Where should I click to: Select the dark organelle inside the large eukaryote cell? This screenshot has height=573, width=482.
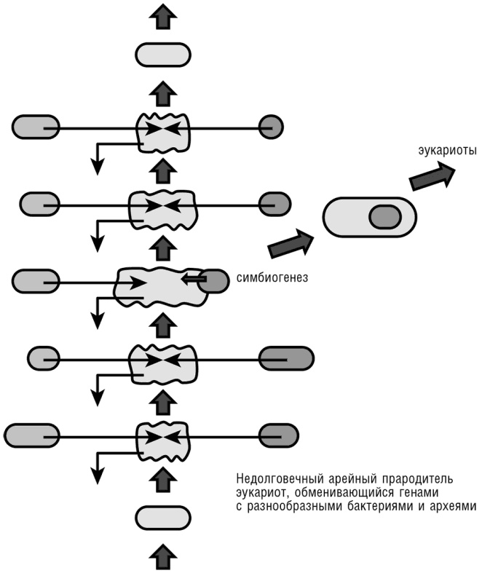(x=384, y=216)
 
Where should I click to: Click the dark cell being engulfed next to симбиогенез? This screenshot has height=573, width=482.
(x=212, y=280)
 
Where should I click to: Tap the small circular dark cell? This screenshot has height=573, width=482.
(x=271, y=127)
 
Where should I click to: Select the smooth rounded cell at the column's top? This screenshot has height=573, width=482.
(x=163, y=55)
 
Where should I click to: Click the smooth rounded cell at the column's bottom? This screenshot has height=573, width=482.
(x=163, y=517)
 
